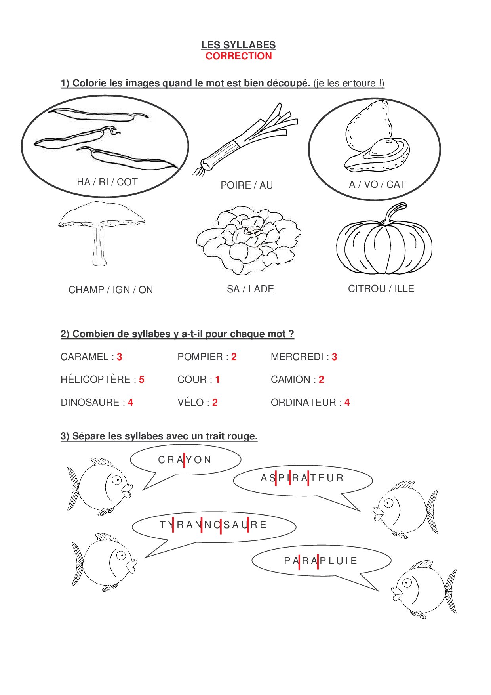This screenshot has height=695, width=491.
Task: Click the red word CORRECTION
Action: click(238, 56)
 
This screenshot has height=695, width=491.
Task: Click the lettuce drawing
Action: click(249, 240)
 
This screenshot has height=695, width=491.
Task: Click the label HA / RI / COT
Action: click(107, 182)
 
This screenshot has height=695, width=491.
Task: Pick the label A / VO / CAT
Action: click(377, 185)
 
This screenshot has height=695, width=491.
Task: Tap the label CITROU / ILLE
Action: click(381, 289)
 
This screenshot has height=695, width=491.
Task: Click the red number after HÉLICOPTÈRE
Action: click(142, 380)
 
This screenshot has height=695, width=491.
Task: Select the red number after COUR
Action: click(217, 380)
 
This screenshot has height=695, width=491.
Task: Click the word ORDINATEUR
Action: click(303, 403)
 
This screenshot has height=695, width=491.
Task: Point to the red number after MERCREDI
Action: click(334, 357)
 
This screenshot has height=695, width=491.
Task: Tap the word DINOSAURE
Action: click(90, 403)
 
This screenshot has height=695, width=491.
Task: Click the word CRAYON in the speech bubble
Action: click(185, 460)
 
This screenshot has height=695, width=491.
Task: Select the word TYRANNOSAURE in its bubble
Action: click(213, 525)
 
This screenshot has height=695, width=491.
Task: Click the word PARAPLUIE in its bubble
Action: click(321, 561)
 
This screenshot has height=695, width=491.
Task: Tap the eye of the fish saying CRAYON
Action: click(117, 480)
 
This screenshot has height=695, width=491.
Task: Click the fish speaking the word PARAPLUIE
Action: click(424, 588)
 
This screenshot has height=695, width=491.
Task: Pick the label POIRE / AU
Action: click(247, 185)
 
